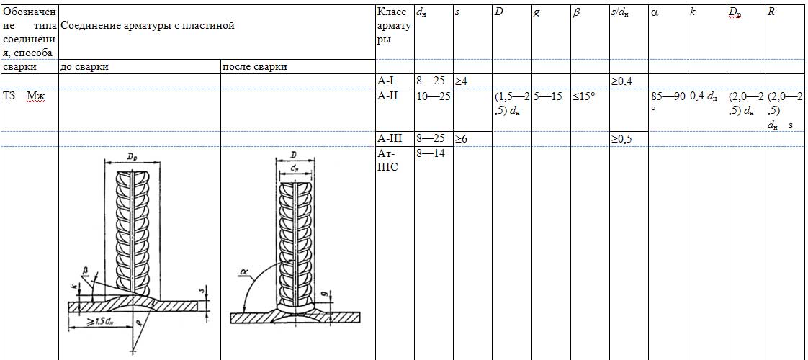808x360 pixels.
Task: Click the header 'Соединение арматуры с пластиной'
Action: tap(148, 25)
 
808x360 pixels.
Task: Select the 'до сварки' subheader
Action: tap(84, 67)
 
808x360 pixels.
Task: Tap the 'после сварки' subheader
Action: tap(254, 67)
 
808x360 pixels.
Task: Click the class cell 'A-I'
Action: tap(387, 81)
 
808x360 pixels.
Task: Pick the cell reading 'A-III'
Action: tap(390, 138)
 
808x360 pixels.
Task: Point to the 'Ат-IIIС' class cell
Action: tap(388, 160)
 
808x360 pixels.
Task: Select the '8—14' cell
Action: tap(430, 153)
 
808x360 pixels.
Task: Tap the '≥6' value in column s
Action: tap(461, 138)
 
